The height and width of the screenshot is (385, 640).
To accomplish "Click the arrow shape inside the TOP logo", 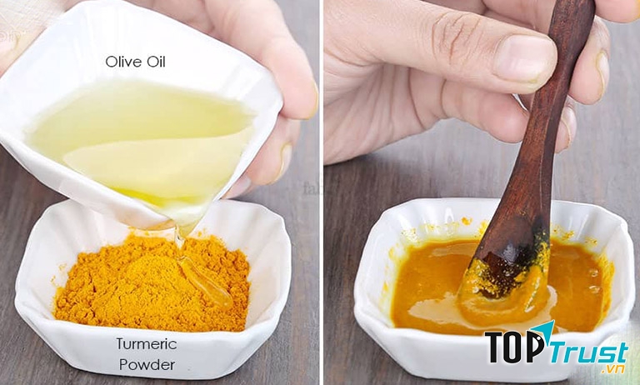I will tap(544, 332).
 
